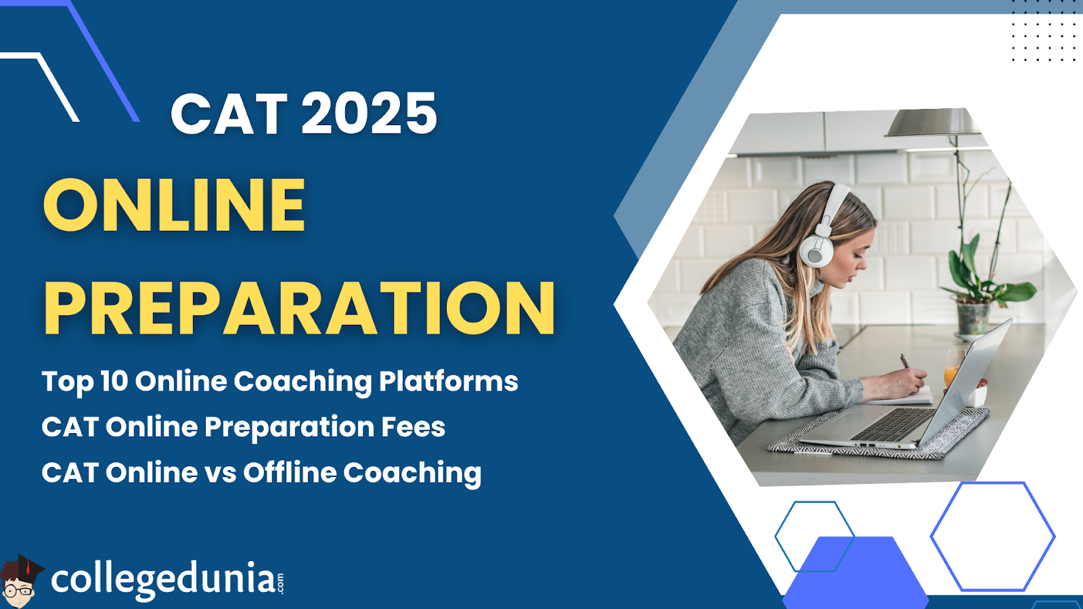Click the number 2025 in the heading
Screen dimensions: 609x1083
pyautogui.click(x=369, y=113)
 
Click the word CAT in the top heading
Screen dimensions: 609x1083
pyautogui.click(x=229, y=114)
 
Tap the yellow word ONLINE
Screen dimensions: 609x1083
pyautogui.click(x=175, y=204)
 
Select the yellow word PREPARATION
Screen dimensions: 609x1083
pyautogui.click(x=299, y=309)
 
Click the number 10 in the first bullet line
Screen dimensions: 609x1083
pyautogui.click(x=114, y=381)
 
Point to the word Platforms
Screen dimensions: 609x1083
pyautogui.click(x=448, y=381)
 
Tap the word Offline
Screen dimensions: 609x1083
pyautogui.click(x=290, y=472)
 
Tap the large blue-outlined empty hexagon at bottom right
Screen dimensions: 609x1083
pyautogui.click(x=992, y=536)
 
